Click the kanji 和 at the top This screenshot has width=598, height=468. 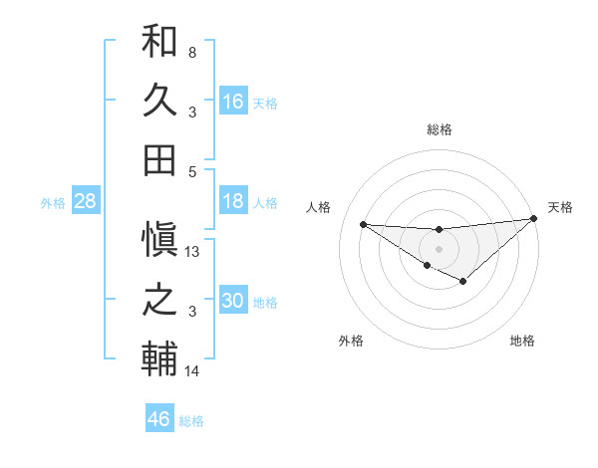tap(159, 43)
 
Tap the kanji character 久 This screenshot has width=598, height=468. tap(159, 101)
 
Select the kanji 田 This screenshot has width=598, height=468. tap(159, 159)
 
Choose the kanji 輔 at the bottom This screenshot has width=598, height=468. tap(159, 359)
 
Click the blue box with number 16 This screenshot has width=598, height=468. tap(233, 101)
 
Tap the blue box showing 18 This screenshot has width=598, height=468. tap(233, 201)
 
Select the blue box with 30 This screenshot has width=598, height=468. tap(233, 301)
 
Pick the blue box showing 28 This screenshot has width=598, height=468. tap(86, 201)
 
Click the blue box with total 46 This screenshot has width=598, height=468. tap(159, 418)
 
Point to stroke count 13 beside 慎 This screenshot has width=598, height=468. tap(193, 252)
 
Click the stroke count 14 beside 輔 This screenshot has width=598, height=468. tap(193, 371)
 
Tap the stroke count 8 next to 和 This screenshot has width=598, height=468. tap(192, 52)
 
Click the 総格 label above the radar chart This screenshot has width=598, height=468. tap(439, 129)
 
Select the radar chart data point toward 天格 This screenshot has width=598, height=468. tap(534, 219)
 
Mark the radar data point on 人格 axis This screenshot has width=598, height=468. tap(364, 224)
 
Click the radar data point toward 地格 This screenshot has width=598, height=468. tap(462, 282)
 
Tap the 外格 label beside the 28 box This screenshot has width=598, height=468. tap(53, 202)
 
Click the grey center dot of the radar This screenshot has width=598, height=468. tap(439, 248)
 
